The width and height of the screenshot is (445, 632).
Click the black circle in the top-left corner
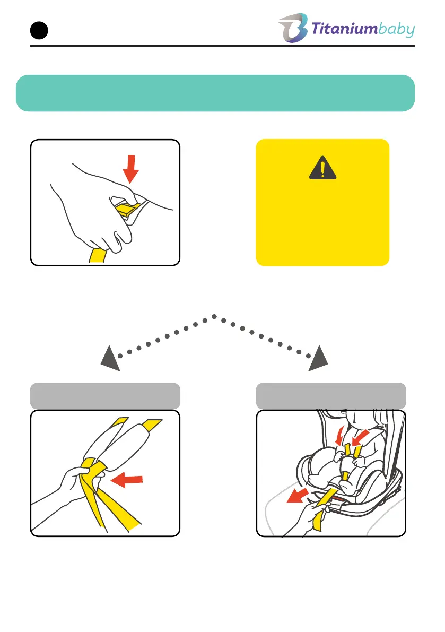pos(39,31)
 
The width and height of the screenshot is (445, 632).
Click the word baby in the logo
pos(397,30)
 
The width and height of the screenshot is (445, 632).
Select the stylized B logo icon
pos(292,28)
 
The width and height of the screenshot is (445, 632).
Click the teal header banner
pos(215,93)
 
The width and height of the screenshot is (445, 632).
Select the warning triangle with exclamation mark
pos(322,169)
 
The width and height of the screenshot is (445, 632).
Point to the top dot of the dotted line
pos(214,316)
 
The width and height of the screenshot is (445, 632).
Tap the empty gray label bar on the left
pos(105,395)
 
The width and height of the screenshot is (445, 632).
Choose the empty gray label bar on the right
pos(331,395)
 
